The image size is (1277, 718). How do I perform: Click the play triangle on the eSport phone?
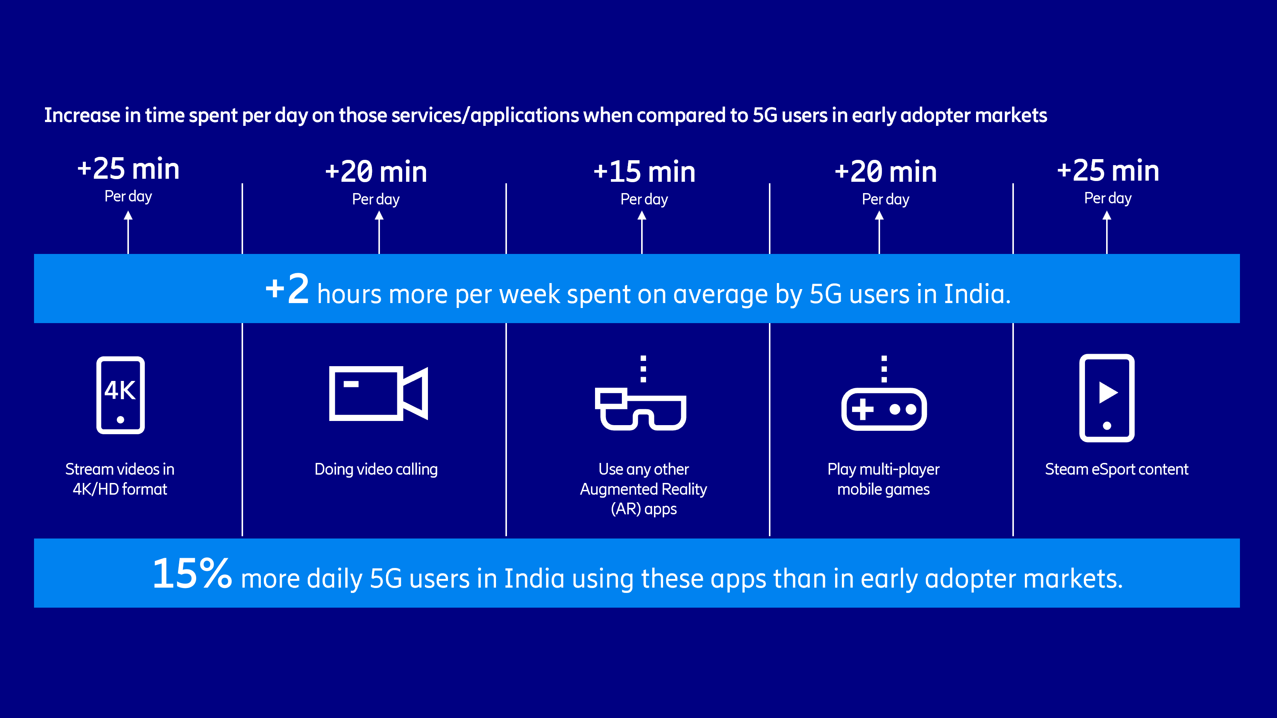1108,393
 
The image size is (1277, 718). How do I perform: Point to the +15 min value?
645,172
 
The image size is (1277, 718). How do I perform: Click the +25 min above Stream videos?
129,169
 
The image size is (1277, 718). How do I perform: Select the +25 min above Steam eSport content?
1108,170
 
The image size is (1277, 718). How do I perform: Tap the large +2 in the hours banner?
288,288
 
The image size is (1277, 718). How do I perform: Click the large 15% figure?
192,573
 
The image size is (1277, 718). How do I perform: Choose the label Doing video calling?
376,469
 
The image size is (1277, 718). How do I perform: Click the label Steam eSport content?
1116,469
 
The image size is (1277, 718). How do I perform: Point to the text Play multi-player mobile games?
883,479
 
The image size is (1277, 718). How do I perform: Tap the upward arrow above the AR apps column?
642,232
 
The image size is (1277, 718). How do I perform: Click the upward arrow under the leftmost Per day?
129,232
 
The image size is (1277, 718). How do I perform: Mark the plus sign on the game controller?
863,409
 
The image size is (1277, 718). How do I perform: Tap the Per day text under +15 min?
645,200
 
